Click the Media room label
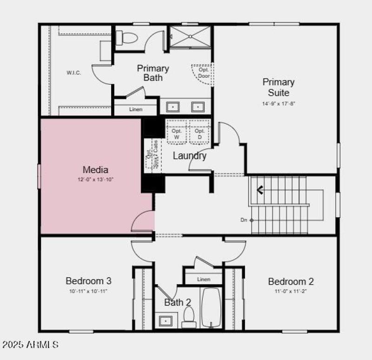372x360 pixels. (x=95, y=170)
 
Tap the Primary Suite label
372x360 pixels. (x=279, y=87)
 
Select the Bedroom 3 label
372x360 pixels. (x=88, y=281)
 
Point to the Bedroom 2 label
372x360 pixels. (x=291, y=281)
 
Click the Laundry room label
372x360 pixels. (x=189, y=156)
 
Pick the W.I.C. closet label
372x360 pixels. (x=73, y=73)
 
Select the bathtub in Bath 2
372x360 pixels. (x=212, y=307)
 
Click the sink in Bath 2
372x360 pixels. (x=166, y=321)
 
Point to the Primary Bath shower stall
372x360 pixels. (x=190, y=37)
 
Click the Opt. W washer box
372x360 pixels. (x=176, y=133)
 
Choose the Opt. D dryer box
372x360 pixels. (x=199, y=133)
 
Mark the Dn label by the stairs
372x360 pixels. (x=244, y=220)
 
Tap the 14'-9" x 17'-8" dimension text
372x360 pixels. (x=279, y=104)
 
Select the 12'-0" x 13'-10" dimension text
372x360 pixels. (x=95, y=179)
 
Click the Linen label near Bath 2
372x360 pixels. (x=204, y=279)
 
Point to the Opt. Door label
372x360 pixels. (x=204, y=73)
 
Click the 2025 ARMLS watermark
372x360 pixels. (x=31, y=345)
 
